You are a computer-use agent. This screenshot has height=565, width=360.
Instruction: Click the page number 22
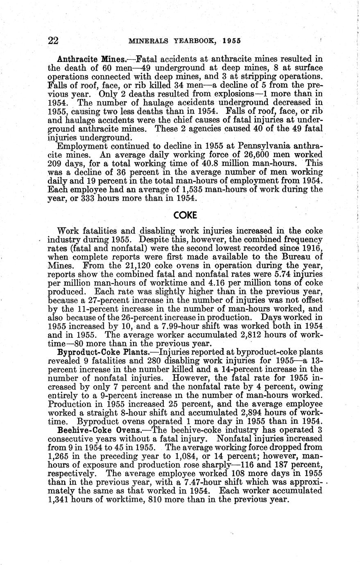[x=53, y=41]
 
